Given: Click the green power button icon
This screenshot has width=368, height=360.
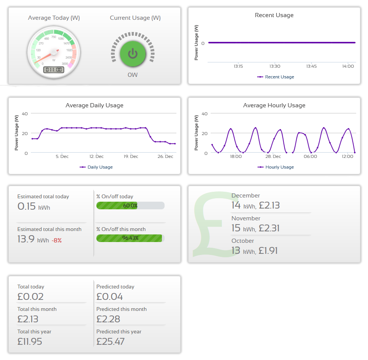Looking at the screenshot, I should (133, 54).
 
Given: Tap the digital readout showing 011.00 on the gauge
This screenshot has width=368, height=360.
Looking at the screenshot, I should (53, 70).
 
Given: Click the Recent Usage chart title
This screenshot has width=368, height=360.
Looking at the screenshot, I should (274, 15).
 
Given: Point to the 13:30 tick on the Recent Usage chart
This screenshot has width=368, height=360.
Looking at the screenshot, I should (275, 66).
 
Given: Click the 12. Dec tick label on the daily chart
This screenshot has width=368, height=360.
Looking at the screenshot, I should (96, 156).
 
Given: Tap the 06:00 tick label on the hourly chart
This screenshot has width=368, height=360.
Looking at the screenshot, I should (310, 156).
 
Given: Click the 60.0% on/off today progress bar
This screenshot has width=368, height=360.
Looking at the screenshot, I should (130, 205).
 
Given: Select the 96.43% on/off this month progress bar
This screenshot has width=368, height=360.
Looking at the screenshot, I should (130, 238).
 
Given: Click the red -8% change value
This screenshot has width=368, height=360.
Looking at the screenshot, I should (57, 241).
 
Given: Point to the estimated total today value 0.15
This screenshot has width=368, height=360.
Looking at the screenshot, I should (27, 207).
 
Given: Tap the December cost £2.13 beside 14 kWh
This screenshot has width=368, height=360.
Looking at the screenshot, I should (269, 205).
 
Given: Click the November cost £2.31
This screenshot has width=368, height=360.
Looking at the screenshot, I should (269, 228).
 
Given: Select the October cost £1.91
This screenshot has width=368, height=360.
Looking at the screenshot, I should (268, 251).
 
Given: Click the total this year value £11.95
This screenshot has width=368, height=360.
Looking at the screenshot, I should (30, 341).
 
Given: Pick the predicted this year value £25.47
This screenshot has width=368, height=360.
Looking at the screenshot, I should (110, 341).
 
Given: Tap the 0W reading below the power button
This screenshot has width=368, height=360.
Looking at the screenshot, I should (133, 75).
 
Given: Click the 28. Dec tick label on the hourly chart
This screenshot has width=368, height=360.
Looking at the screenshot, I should (273, 156).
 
